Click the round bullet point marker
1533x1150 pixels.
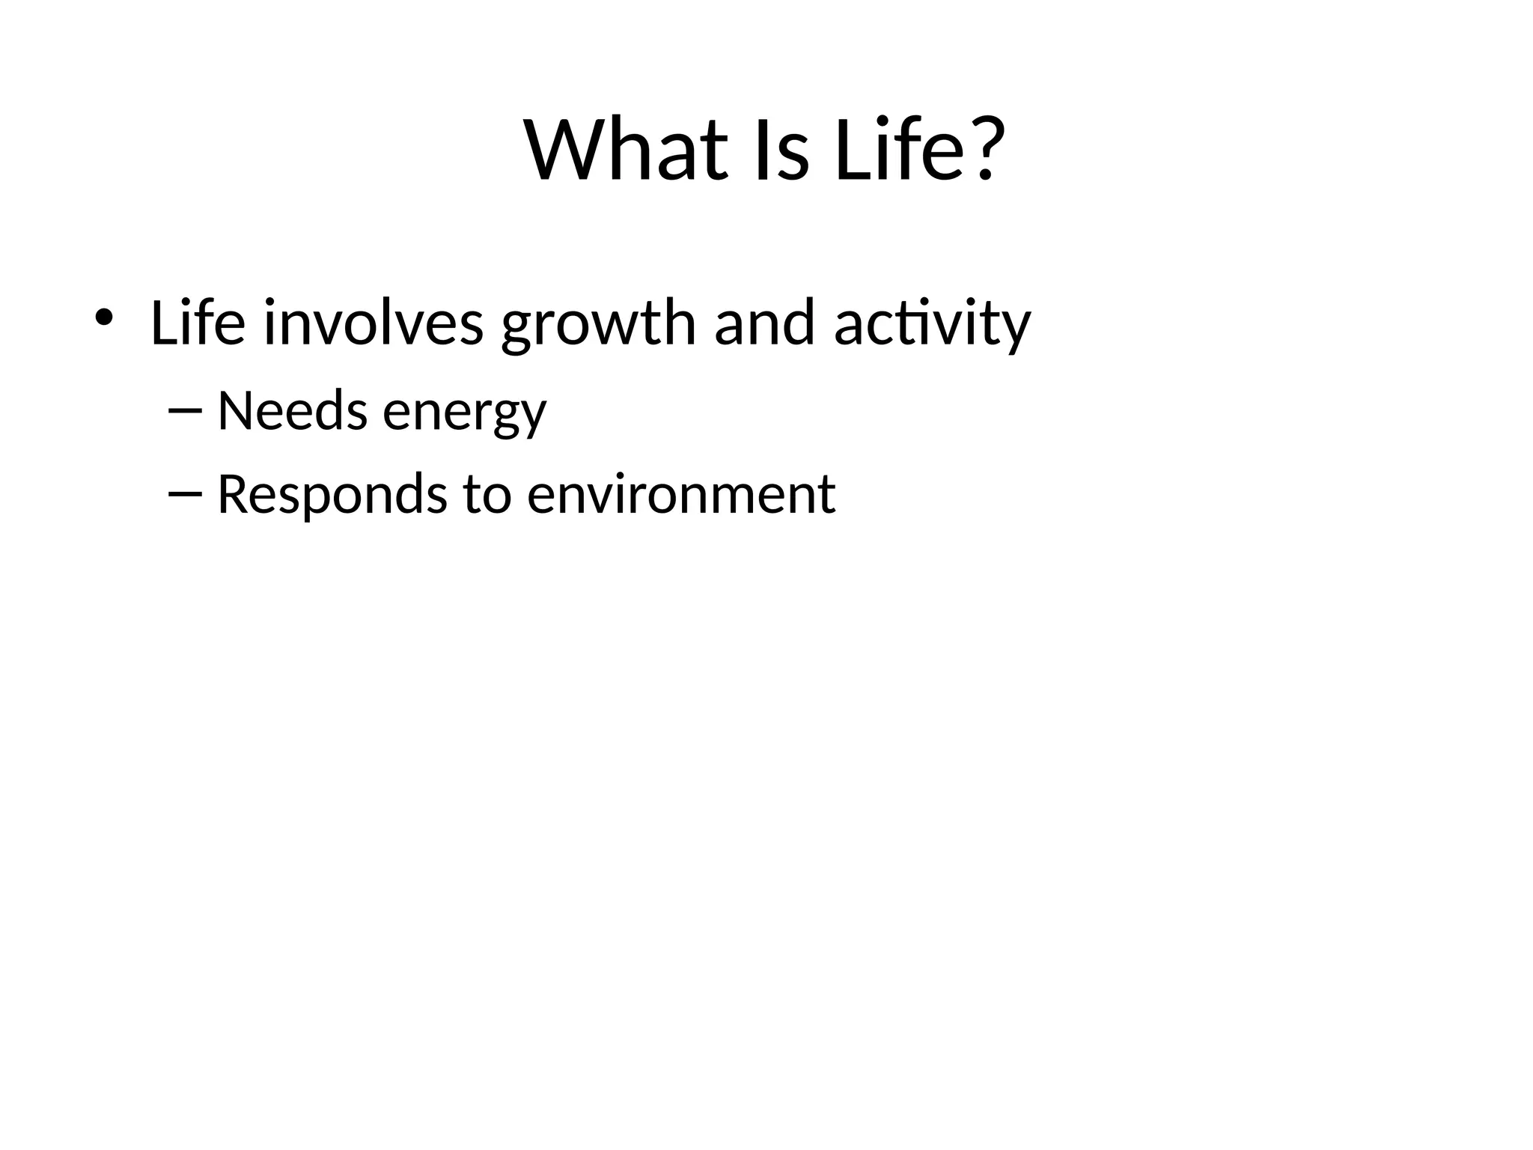point(103,317)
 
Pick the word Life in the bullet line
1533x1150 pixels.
point(198,322)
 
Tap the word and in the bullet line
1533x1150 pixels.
point(764,322)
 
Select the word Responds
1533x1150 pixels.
point(332,496)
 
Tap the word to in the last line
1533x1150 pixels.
point(487,496)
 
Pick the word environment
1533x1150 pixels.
point(680,496)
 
